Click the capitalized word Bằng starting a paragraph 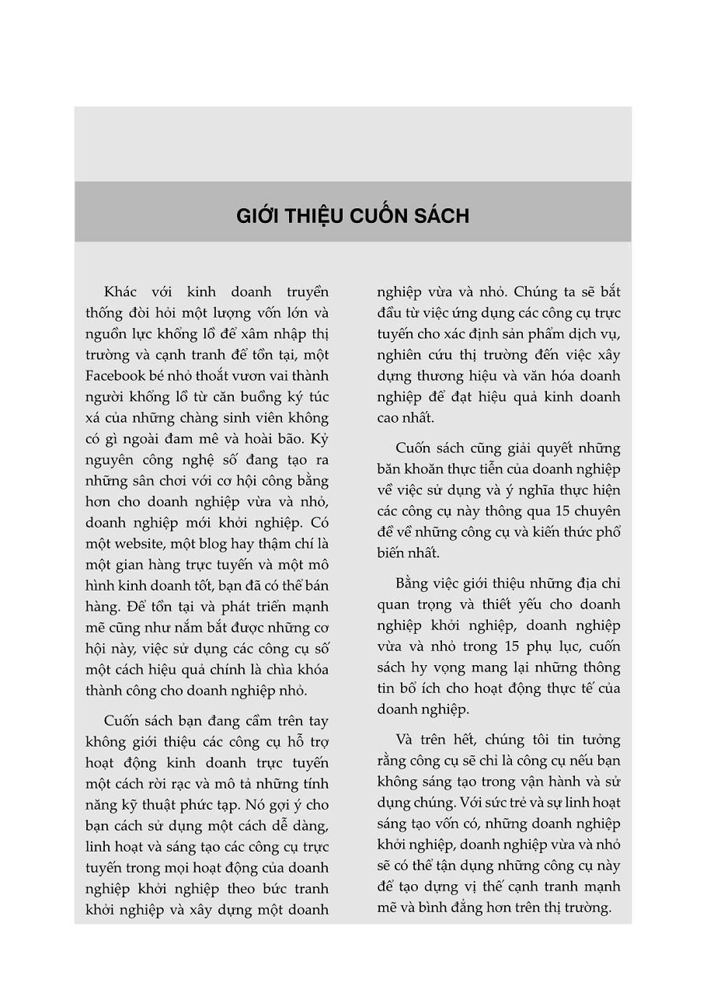pyautogui.click(x=413, y=584)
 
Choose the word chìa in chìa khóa pyautogui.click(x=267, y=670)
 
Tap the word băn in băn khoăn pyautogui.click(x=390, y=469)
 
